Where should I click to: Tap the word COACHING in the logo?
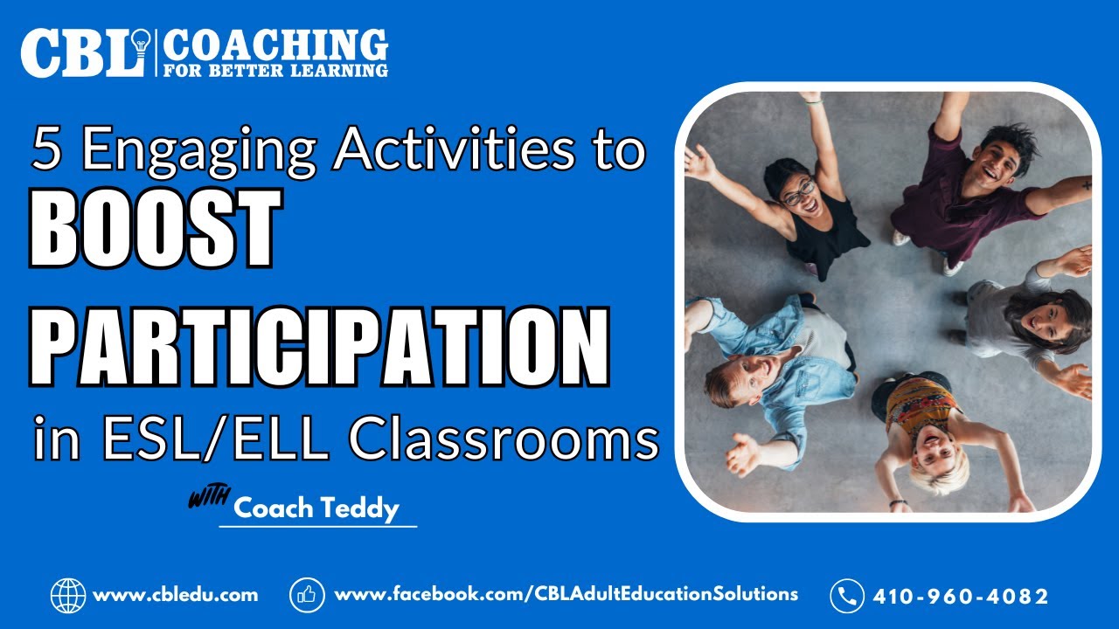(x=275, y=44)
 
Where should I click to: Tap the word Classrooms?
(x=504, y=439)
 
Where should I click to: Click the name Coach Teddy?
(x=316, y=508)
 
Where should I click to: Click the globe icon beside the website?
(x=67, y=596)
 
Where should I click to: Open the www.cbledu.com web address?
(x=175, y=595)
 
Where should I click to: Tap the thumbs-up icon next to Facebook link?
(x=307, y=595)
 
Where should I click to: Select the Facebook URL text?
(x=566, y=594)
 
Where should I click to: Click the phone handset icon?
(x=846, y=596)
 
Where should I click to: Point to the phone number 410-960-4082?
(x=961, y=597)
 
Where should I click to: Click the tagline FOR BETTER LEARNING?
(x=275, y=69)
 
